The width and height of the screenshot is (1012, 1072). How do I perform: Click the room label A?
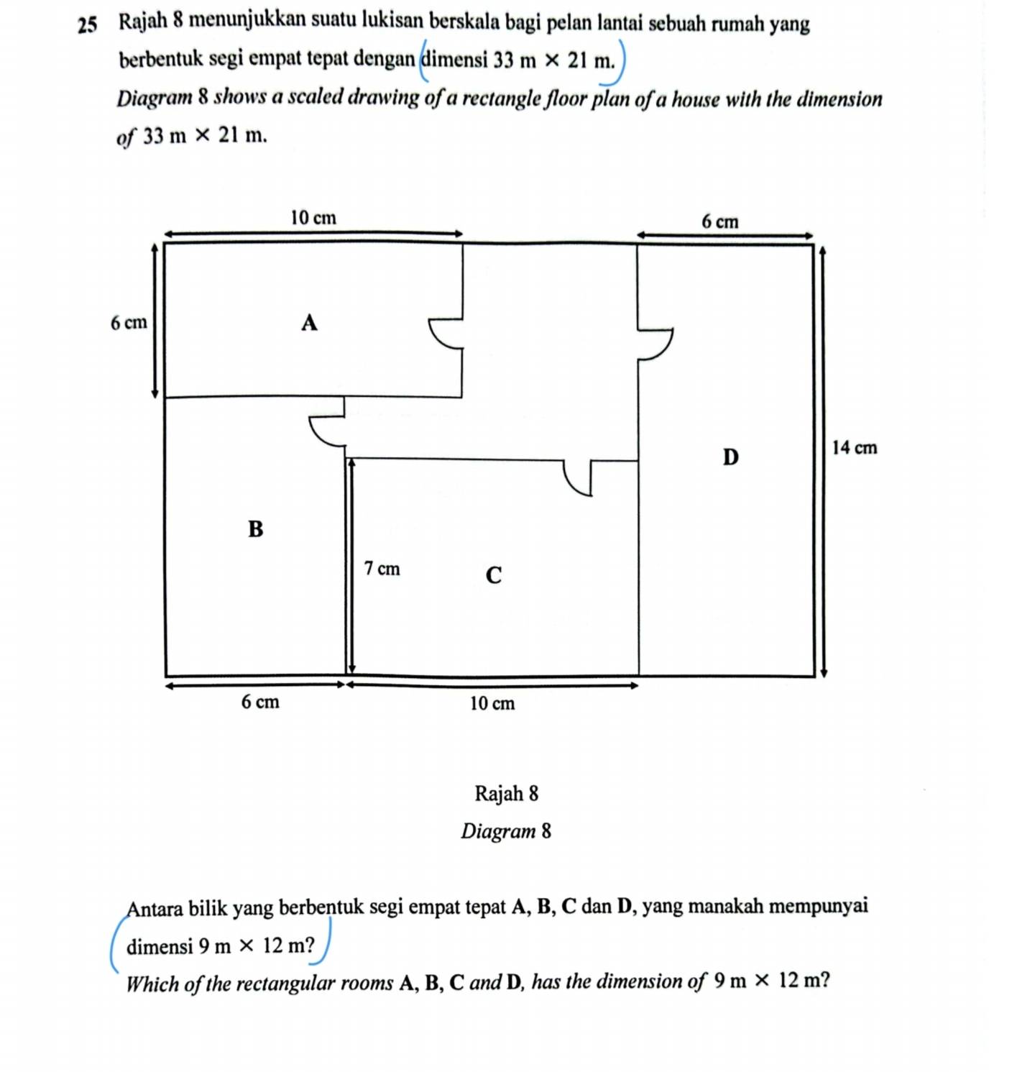click(309, 323)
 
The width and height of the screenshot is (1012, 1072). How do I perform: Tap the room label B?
click(255, 529)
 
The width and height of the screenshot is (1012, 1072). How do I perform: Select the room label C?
click(493, 575)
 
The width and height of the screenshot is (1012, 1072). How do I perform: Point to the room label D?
click(730, 457)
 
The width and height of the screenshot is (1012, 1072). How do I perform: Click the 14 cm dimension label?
click(854, 448)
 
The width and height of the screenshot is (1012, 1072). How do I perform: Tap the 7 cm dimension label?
click(382, 569)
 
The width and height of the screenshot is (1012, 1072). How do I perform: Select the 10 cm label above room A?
click(313, 217)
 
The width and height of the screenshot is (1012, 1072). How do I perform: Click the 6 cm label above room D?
click(719, 221)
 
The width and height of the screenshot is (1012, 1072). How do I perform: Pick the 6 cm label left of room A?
click(129, 323)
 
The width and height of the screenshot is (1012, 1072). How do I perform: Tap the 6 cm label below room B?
click(259, 702)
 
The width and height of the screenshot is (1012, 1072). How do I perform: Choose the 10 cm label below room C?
click(492, 703)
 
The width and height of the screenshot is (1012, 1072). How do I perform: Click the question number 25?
click(87, 26)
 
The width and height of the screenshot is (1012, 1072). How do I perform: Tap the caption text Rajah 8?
click(506, 793)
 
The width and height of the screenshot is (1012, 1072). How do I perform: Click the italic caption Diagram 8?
click(506, 831)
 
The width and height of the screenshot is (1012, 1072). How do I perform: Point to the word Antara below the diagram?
click(155, 908)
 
